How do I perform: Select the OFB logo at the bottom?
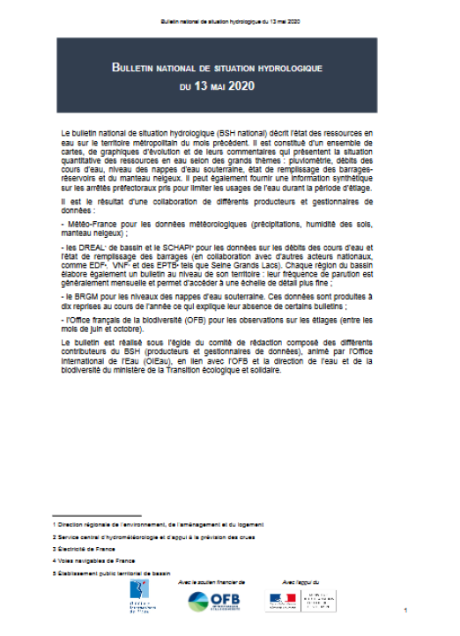211,603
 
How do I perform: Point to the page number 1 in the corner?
404,611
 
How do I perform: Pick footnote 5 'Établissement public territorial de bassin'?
115,572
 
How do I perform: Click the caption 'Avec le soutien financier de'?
211,582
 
